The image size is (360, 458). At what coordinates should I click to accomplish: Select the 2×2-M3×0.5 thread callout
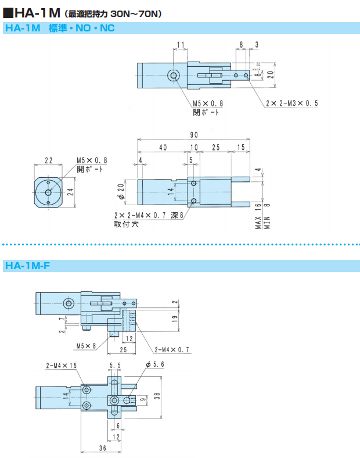pyautogui.click(x=291, y=103)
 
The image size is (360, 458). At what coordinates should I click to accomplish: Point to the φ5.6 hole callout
pyautogui.click(x=156, y=364)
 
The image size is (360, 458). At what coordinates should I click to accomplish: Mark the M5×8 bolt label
pyautogui.click(x=85, y=346)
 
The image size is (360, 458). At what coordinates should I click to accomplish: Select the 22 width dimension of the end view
pyautogui.click(x=48, y=160)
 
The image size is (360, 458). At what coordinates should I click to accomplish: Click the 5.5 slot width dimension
pyautogui.click(x=115, y=366)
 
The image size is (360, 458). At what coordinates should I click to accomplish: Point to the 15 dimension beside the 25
pyautogui.click(x=241, y=148)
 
